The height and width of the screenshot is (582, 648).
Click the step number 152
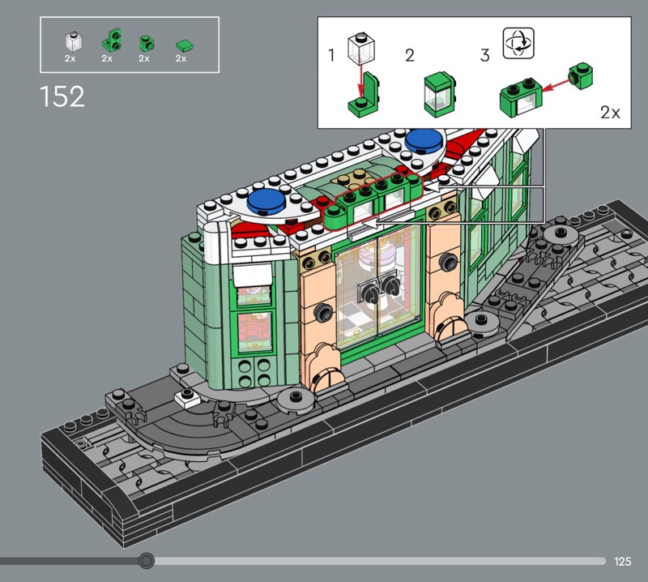(62, 96)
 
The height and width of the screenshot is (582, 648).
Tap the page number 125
(622, 561)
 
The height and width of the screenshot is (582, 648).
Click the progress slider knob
(146, 561)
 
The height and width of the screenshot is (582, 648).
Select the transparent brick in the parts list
(73, 41)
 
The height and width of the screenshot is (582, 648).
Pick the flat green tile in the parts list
(185, 45)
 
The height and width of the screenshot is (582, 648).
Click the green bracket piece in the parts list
(112, 40)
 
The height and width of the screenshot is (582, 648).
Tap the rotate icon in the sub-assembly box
(518, 43)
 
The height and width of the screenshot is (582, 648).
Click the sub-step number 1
(331, 55)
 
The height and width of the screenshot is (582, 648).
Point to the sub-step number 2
(410, 55)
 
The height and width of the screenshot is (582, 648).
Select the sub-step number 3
(485, 55)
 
